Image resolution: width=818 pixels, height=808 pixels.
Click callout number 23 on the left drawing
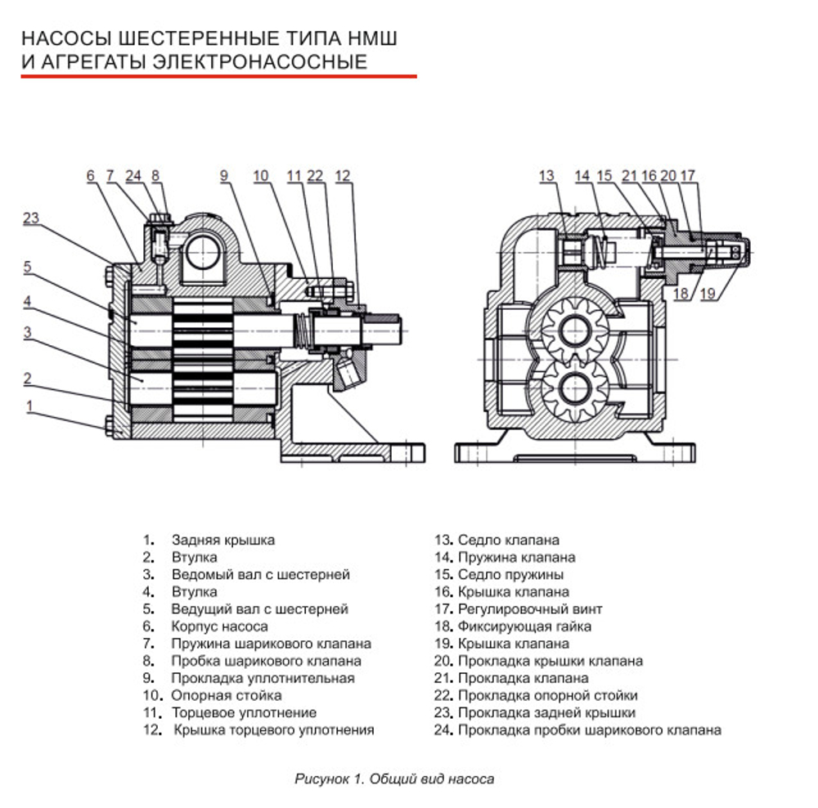pyautogui.click(x=31, y=218)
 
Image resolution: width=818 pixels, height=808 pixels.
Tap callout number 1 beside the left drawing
pyautogui.click(x=30, y=406)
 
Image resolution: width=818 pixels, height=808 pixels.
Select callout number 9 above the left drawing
pyautogui.click(x=225, y=175)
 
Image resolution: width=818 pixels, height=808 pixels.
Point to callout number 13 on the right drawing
pyautogui.click(x=546, y=176)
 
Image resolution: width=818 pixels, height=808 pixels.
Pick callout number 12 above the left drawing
pyautogui.click(x=342, y=175)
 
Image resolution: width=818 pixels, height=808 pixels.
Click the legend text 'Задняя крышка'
pyautogui.click(x=222, y=541)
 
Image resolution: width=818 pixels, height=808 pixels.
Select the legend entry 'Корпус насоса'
pyautogui.click(x=219, y=626)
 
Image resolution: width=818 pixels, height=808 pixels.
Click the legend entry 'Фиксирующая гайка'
pyautogui.click(x=524, y=626)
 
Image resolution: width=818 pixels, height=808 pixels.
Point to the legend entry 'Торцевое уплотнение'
pyautogui.click(x=243, y=712)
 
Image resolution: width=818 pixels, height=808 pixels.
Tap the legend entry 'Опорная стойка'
pyautogui.click(x=226, y=695)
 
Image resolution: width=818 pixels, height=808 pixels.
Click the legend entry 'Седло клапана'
pyautogui.click(x=508, y=541)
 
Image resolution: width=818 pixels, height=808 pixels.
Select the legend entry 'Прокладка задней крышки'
pyautogui.click(x=546, y=712)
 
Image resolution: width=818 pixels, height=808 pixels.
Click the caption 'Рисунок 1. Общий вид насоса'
pyautogui.click(x=394, y=779)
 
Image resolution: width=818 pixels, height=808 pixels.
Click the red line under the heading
pyautogui.click(x=218, y=77)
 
